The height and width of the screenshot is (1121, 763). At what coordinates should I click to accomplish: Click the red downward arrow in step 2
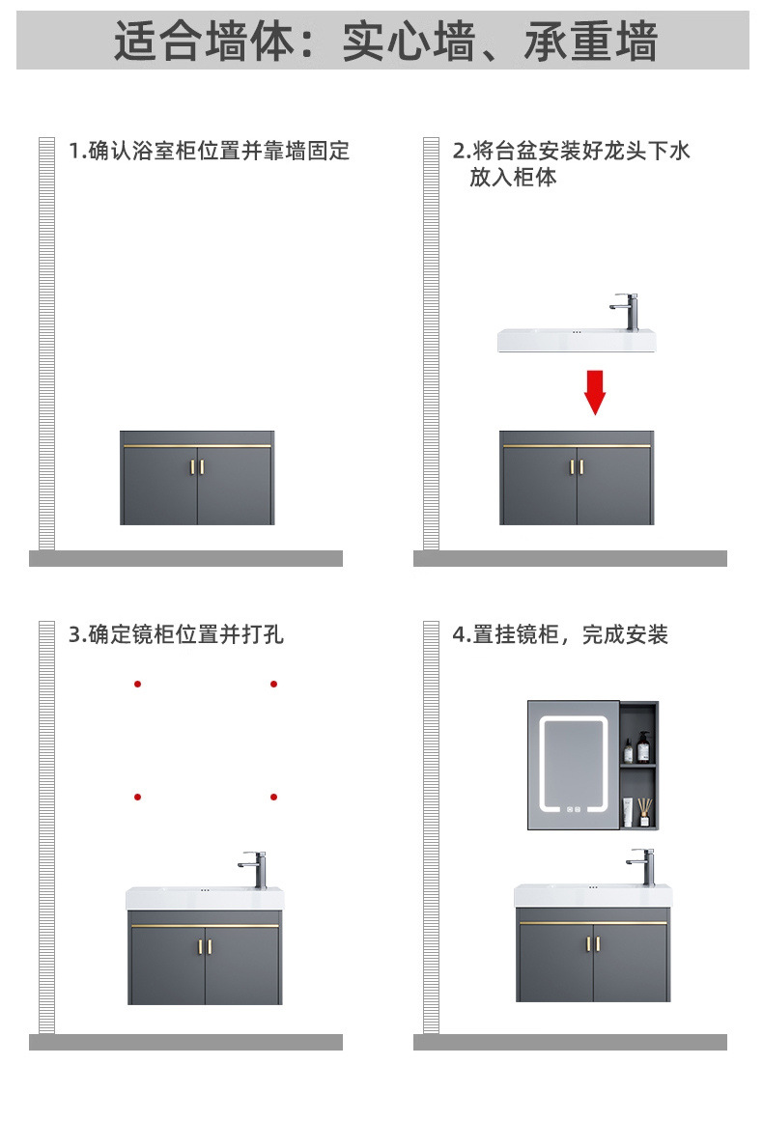pyautogui.click(x=595, y=388)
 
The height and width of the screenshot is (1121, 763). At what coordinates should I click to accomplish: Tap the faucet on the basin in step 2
pyautogui.click(x=627, y=312)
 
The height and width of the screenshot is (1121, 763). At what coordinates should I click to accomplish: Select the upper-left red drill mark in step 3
pyautogui.click(x=138, y=684)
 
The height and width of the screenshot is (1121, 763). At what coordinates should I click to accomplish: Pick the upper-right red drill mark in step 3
pyautogui.click(x=274, y=684)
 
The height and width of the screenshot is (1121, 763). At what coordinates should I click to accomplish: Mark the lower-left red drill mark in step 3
pyautogui.click(x=138, y=797)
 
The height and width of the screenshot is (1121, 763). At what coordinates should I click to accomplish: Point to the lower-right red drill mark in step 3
pyautogui.click(x=274, y=797)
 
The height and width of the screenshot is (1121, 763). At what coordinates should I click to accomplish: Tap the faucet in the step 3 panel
pyautogui.click(x=256, y=869)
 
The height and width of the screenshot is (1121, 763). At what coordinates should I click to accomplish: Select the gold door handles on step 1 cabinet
pyautogui.click(x=198, y=467)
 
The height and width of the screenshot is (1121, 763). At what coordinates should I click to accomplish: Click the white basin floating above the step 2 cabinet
pyautogui.click(x=576, y=340)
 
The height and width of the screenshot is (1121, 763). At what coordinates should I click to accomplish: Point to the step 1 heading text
pyautogui.click(x=209, y=151)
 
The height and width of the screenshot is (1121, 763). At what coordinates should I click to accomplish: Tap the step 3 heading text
pyautogui.click(x=176, y=634)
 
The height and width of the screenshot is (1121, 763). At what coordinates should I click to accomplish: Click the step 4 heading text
pyautogui.click(x=560, y=634)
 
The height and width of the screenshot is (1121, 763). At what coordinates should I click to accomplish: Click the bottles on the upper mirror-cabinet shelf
pyautogui.click(x=636, y=748)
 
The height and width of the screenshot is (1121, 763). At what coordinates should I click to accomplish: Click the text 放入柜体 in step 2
pyautogui.click(x=513, y=178)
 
